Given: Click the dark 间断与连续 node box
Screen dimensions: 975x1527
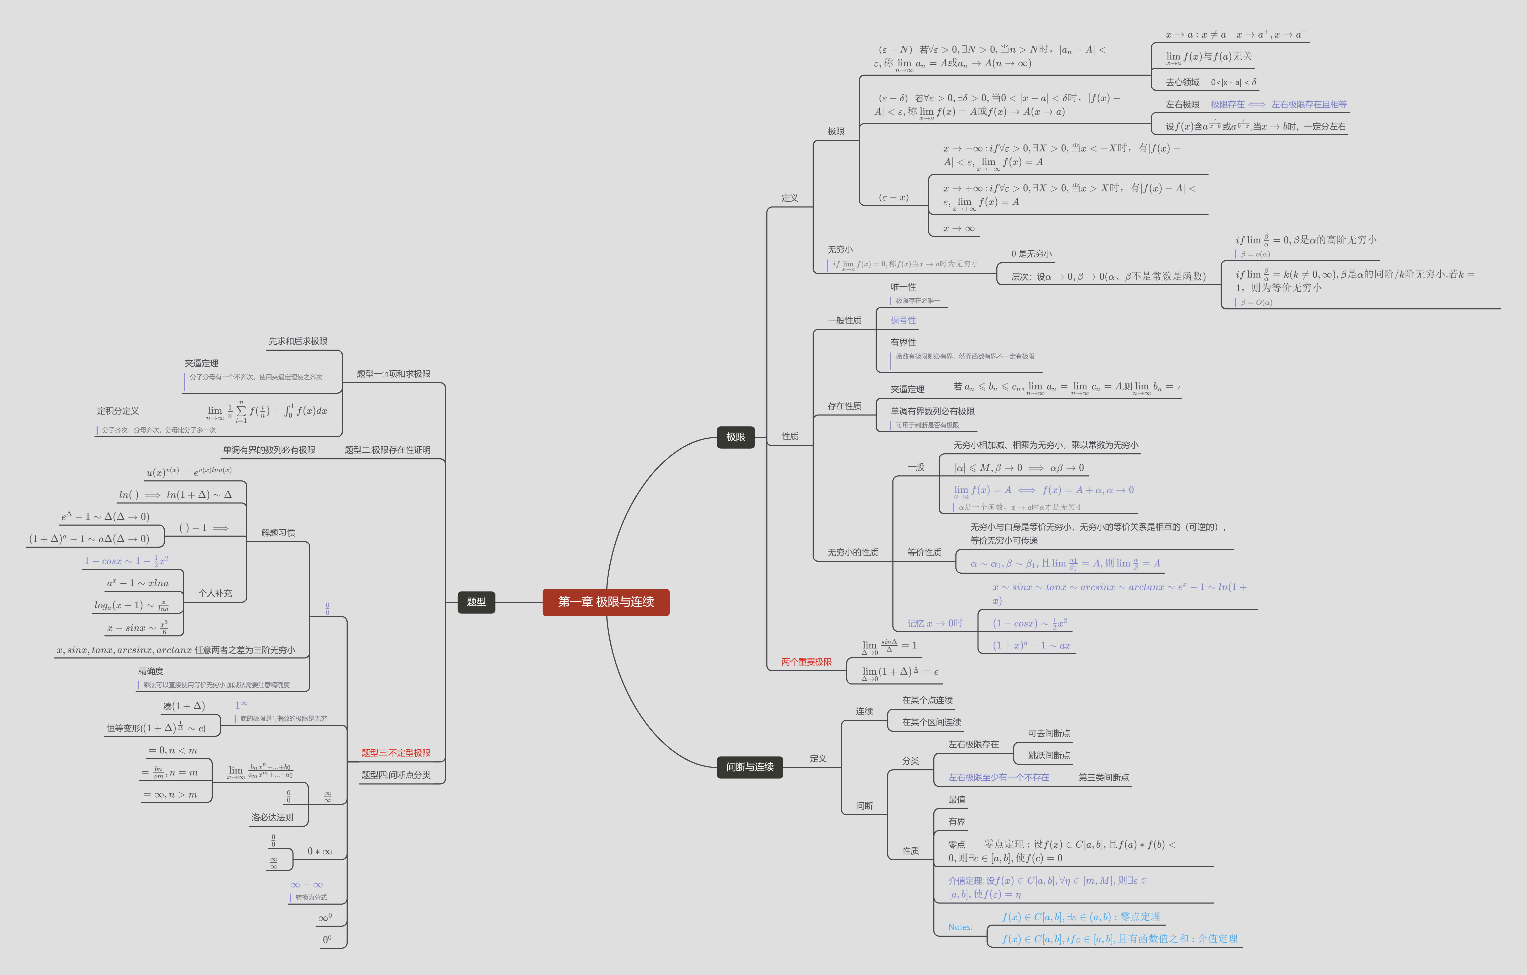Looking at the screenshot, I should pyautogui.click(x=750, y=767).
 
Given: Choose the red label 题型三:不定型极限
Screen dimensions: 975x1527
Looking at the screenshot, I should pyautogui.click(x=396, y=753).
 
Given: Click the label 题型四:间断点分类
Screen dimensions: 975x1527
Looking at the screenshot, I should pyautogui.click(x=396, y=775).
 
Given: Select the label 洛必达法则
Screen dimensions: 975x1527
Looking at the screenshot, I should pyautogui.click(x=272, y=818).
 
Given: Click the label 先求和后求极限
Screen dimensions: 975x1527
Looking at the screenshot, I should pyautogui.click(x=297, y=341).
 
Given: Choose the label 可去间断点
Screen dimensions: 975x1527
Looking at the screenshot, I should pyautogui.click(x=1049, y=733).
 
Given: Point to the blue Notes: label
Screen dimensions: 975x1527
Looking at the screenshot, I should pyautogui.click(x=960, y=927).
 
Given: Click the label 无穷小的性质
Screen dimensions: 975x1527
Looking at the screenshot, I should pyautogui.click(x=852, y=553).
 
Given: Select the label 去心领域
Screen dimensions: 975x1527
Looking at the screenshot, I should pyautogui.click(x=1182, y=82).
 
